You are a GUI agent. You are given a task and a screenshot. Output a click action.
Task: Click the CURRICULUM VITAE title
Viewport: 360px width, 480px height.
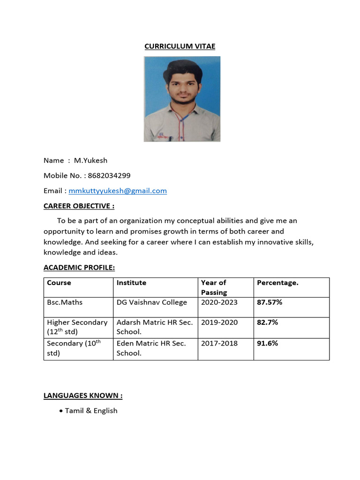click(x=180, y=46)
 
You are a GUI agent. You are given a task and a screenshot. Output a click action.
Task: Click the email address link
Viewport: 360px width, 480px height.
click(x=118, y=191)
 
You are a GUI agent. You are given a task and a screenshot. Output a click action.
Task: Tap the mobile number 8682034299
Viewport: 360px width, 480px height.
click(x=109, y=176)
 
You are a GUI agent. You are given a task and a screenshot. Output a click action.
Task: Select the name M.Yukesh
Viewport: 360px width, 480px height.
click(x=90, y=160)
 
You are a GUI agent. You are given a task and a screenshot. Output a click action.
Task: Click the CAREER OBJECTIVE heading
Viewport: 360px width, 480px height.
click(x=79, y=206)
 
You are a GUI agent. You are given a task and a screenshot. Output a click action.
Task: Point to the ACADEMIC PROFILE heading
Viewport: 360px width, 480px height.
click(x=79, y=268)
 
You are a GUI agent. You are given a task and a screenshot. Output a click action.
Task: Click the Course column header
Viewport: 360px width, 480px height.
click(x=59, y=283)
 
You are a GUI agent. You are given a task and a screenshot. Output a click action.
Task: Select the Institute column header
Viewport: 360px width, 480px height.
click(x=131, y=283)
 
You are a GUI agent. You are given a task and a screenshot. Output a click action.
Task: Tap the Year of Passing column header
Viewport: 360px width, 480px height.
click(x=214, y=287)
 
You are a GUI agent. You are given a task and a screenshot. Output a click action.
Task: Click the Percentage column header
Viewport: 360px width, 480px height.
click(x=277, y=283)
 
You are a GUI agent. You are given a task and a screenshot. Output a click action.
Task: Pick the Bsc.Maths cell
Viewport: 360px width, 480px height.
click(x=65, y=302)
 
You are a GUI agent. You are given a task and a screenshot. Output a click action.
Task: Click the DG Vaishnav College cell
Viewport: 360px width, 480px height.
click(x=151, y=302)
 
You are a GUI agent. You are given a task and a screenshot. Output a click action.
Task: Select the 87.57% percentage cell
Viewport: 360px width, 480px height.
click(x=270, y=302)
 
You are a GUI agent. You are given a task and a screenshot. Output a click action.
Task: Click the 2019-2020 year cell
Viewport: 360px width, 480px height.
click(x=219, y=322)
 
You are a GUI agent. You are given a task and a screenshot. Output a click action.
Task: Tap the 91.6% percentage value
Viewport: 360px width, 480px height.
click(x=267, y=343)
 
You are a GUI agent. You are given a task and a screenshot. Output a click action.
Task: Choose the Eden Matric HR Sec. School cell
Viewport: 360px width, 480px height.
click(x=151, y=348)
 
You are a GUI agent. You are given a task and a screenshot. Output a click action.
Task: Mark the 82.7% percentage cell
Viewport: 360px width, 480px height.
click(x=267, y=322)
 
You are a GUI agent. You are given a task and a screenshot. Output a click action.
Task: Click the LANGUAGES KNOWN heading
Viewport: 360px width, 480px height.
click(x=83, y=396)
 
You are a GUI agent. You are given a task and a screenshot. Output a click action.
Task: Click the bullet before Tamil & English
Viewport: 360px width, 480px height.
click(x=61, y=411)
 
